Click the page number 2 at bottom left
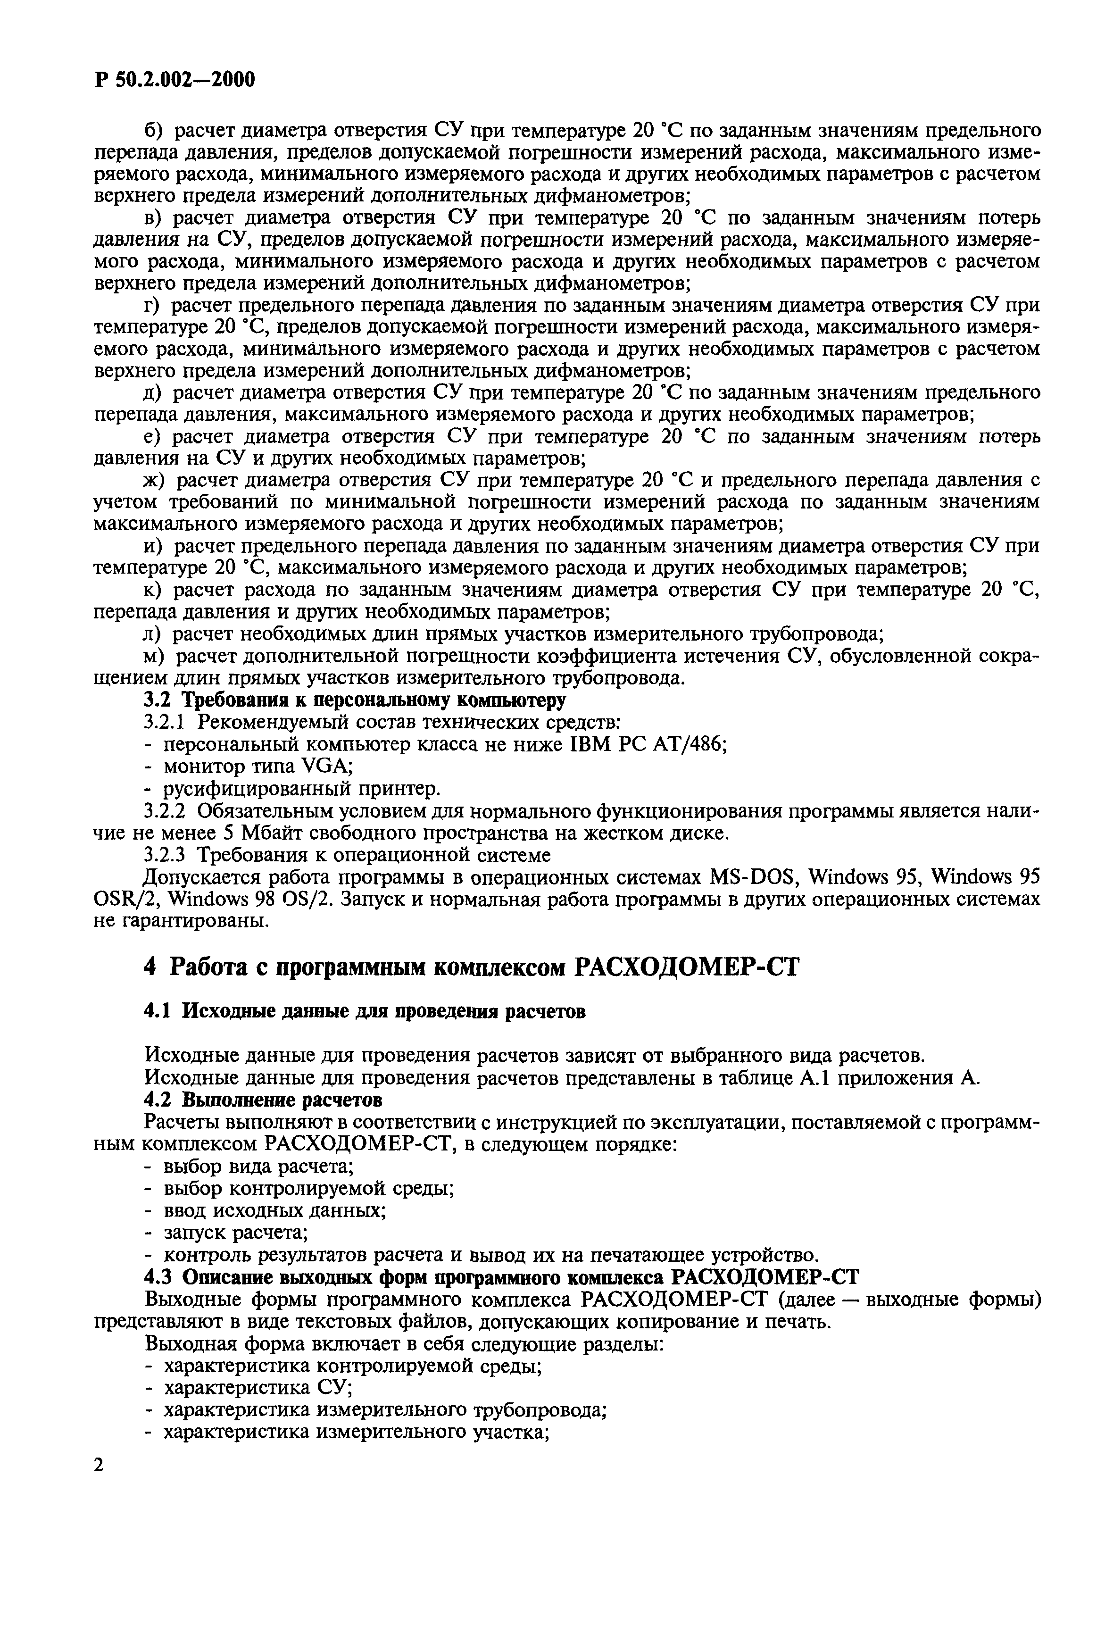click(x=99, y=1465)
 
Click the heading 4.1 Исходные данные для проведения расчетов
click(x=365, y=1011)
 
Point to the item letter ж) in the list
click(x=153, y=481)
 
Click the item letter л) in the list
click(x=153, y=634)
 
